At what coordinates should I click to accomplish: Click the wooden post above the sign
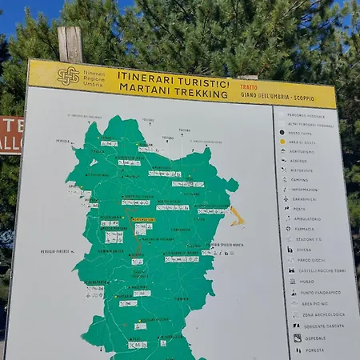pyautogui.click(x=70, y=44)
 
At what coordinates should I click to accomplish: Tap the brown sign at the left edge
pyautogui.click(x=10, y=134)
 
